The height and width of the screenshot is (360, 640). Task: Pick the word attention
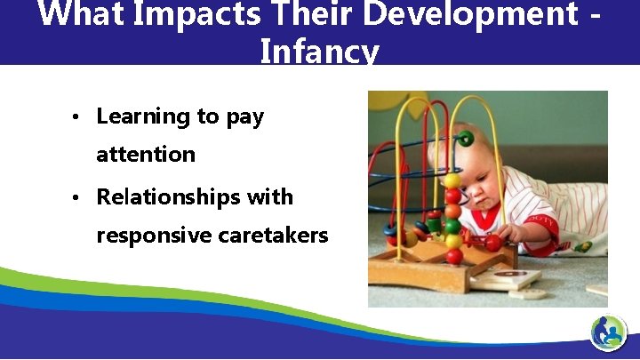[x=146, y=155]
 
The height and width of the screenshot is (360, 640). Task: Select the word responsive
[x=148, y=236]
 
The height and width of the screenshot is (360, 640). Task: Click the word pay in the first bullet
[x=245, y=117]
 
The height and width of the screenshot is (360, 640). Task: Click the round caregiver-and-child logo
[x=608, y=333]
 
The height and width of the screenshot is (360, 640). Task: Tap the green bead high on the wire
[x=465, y=139]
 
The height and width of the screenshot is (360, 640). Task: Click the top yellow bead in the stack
[x=452, y=181]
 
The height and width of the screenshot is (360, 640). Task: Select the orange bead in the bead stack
[x=453, y=212]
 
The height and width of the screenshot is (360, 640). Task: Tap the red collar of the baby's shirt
[x=485, y=220]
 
